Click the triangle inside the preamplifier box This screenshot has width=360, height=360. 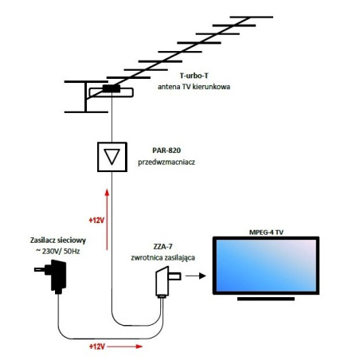tap(112, 156)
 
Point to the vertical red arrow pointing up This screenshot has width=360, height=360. tap(106, 210)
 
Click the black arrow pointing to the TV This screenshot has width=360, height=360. tap(198, 278)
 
